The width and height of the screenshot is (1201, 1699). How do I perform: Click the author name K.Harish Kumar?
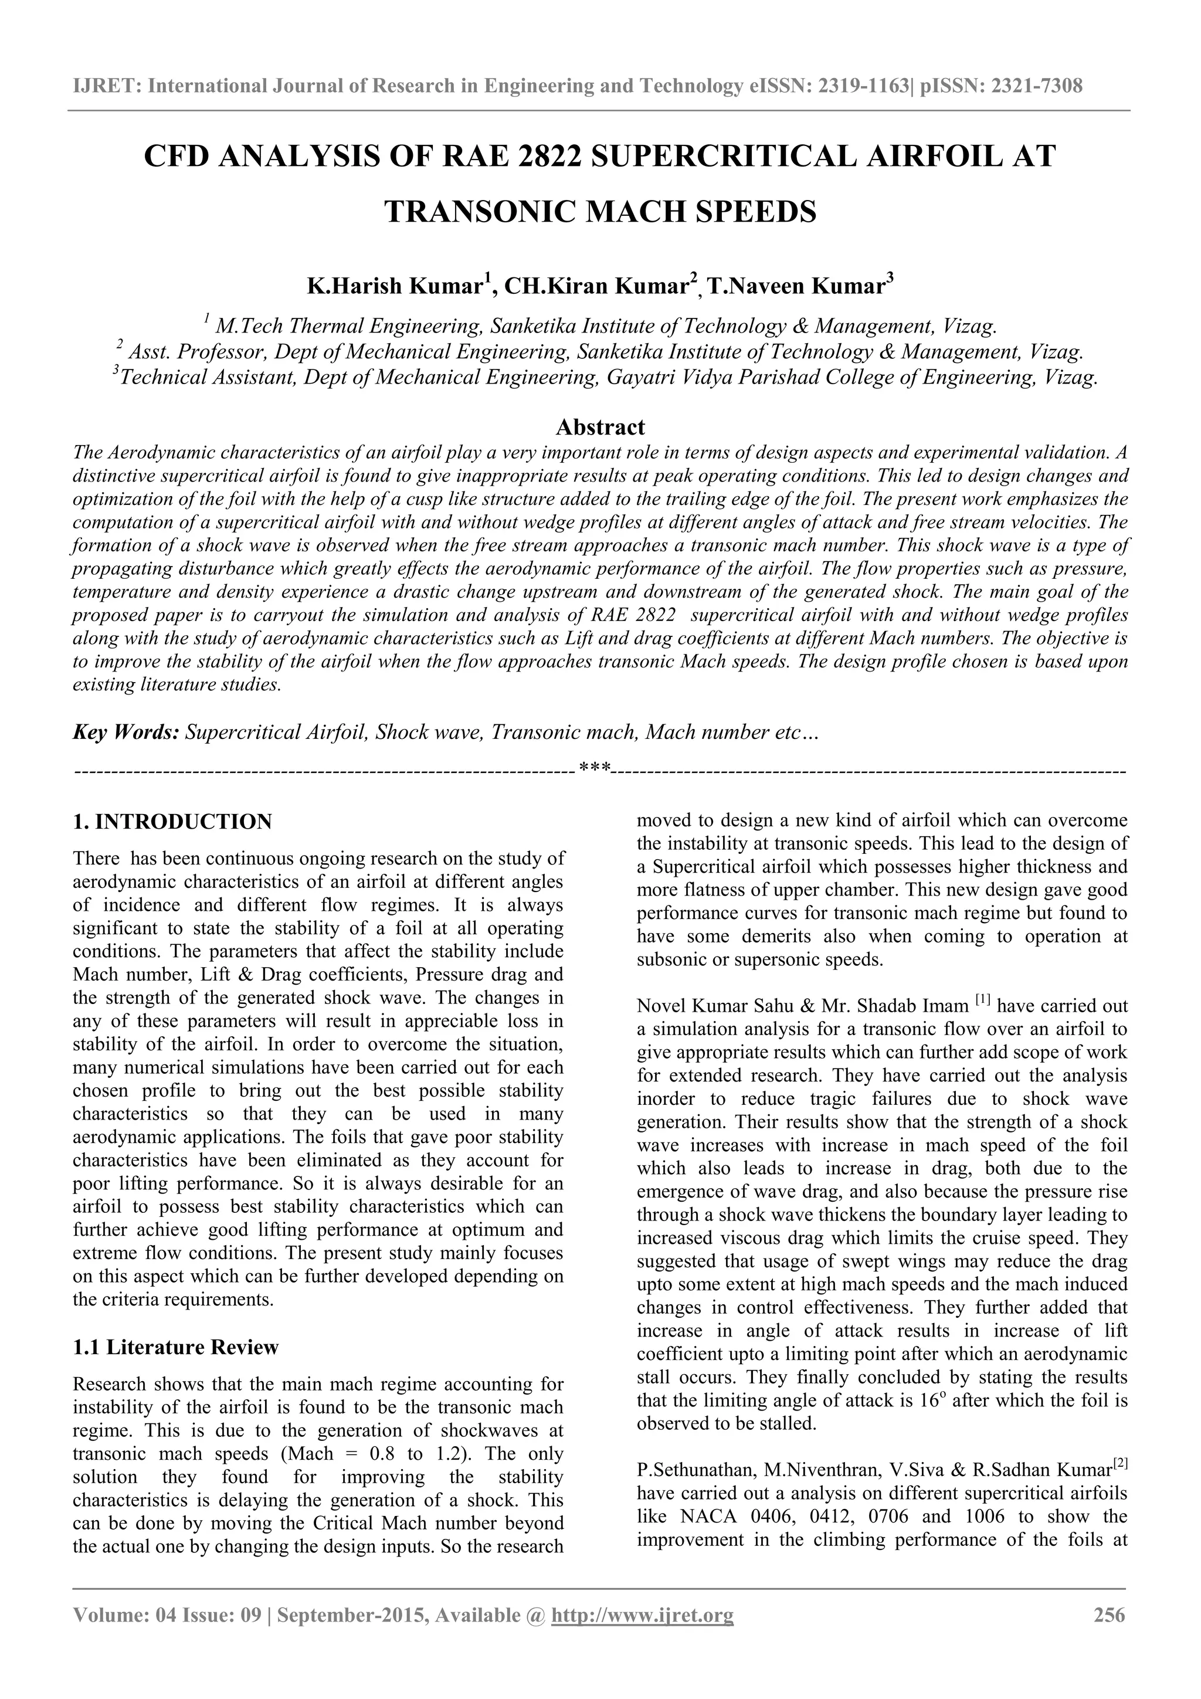pos(395,286)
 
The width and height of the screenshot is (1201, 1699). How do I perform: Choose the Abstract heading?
pos(600,427)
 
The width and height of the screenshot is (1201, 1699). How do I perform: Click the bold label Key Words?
pos(126,732)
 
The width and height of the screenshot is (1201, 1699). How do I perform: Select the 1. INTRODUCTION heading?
pos(172,822)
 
